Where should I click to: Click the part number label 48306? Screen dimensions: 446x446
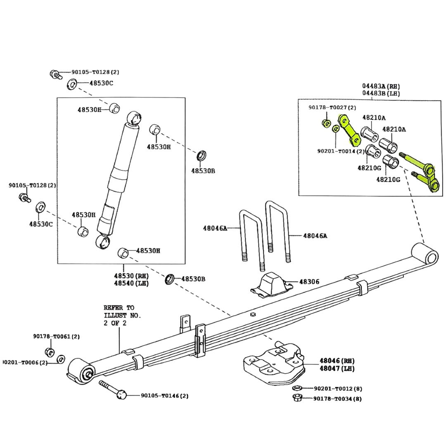point(309,282)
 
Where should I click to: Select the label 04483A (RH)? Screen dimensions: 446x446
point(381,86)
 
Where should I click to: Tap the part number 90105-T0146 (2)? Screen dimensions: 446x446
point(164,396)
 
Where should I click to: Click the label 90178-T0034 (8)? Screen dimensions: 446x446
point(337,399)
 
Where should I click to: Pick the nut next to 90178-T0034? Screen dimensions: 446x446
point(296,399)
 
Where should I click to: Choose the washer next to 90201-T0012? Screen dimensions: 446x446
point(296,388)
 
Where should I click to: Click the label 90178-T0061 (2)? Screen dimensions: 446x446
point(57,337)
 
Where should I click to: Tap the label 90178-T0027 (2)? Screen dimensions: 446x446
point(332,107)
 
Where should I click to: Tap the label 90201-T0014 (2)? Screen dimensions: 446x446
point(341,151)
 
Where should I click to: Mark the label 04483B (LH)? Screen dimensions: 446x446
point(381,93)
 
